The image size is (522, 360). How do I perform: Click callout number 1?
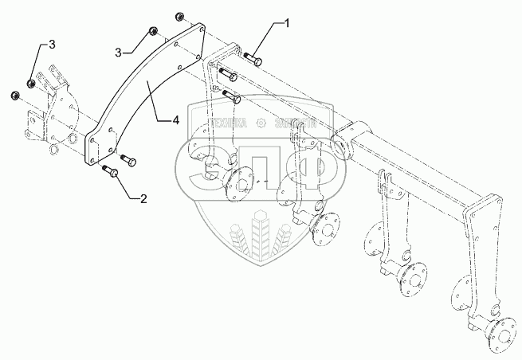[x=286, y=25]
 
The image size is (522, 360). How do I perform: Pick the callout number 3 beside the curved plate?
[x=118, y=53]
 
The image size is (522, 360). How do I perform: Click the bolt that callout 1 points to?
[x=254, y=58]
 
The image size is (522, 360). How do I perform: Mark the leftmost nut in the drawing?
[x=14, y=96]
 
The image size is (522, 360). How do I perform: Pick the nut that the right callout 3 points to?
[x=151, y=33]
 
